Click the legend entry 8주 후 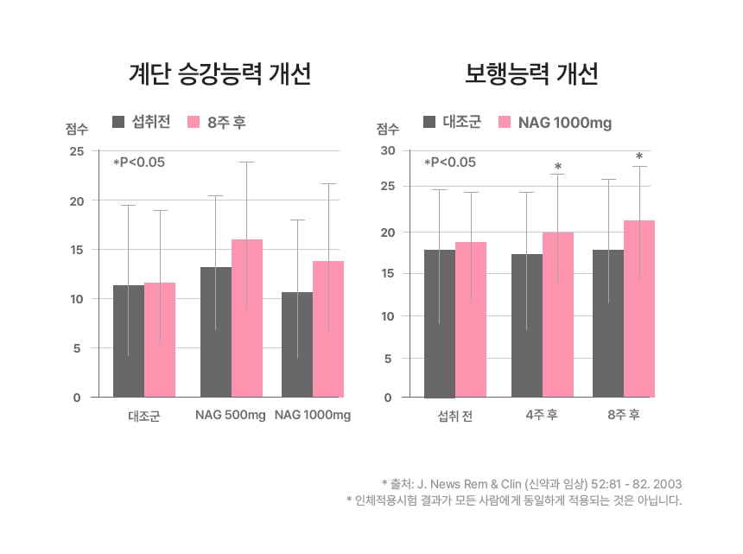226,122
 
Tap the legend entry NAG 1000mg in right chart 564,123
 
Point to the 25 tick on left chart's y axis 76,151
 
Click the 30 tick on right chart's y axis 388,151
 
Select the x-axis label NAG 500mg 230,416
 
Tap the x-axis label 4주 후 542,416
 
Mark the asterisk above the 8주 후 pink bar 638,157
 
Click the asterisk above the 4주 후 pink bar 558,167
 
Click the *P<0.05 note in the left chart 139,162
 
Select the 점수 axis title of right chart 387,130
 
